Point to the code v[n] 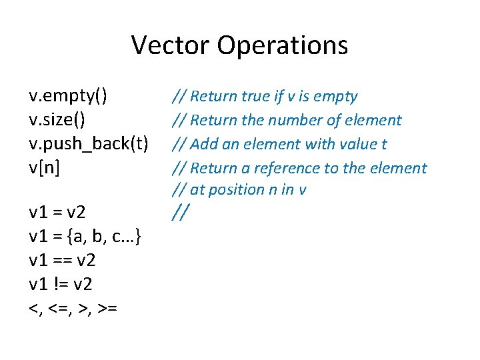click(44, 168)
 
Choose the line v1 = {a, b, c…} click(84, 237)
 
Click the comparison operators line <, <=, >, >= click(73, 308)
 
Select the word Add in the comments click(203, 145)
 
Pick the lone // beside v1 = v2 click(180, 213)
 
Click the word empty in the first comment click(337, 97)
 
